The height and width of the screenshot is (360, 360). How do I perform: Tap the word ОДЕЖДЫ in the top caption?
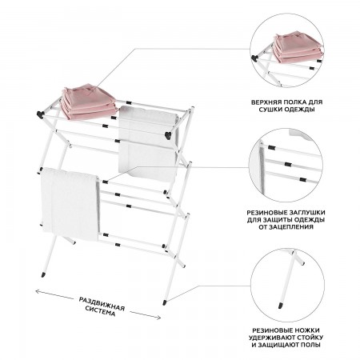click(x=300, y=110)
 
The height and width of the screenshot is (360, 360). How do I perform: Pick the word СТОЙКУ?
click(x=308, y=338)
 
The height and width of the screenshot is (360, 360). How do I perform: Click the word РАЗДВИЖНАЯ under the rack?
click(x=102, y=304)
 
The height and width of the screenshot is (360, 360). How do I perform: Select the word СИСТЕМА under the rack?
click(x=100, y=311)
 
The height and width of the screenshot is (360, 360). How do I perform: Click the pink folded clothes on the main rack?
click(x=87, y=102)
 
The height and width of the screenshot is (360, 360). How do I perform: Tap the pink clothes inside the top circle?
click(x=297, y=47)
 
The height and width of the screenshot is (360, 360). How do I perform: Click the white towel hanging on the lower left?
click(x=70, y=203)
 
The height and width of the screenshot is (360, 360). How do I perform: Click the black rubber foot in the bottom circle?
click(x=281, y=306)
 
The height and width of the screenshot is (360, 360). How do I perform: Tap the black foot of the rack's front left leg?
click(x=43, y=274)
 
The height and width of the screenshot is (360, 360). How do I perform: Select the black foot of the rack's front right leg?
click(x=165, y=302)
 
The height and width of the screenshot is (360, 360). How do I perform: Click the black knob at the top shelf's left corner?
click(x=40, y=114)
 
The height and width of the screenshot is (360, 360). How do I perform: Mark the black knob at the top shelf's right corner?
click(x=169, y=135)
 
